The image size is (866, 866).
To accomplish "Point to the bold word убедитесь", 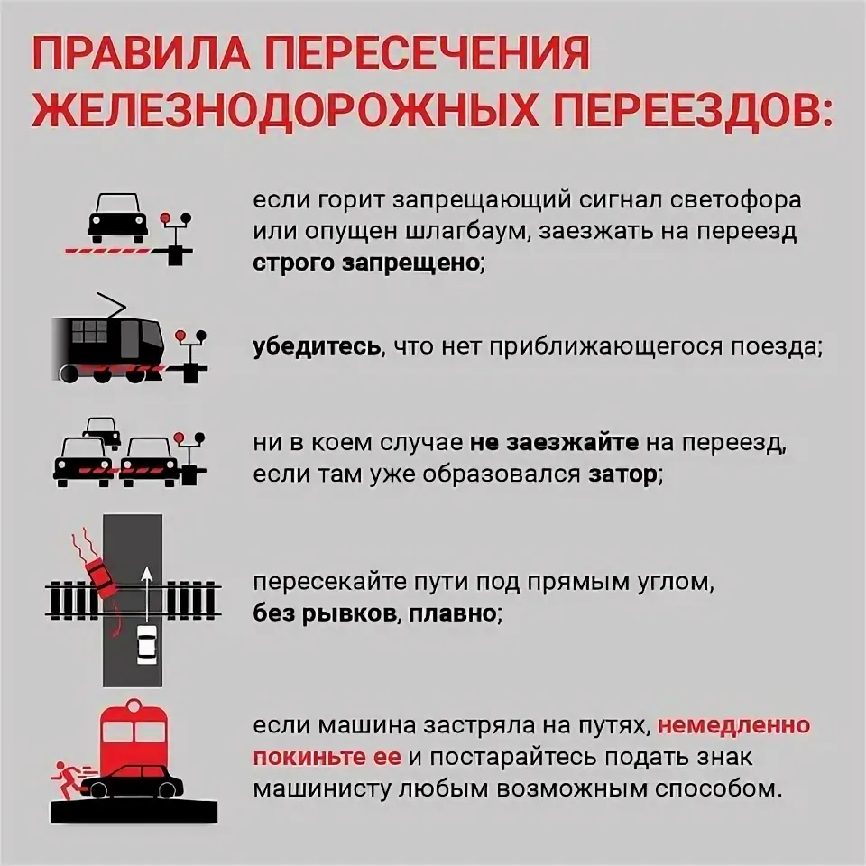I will point(316,349).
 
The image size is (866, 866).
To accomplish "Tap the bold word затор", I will point(622,474).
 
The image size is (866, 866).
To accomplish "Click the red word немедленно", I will point(733,726).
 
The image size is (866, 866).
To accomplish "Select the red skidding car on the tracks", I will point(101,575).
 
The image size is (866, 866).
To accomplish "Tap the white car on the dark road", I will point(145,643).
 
